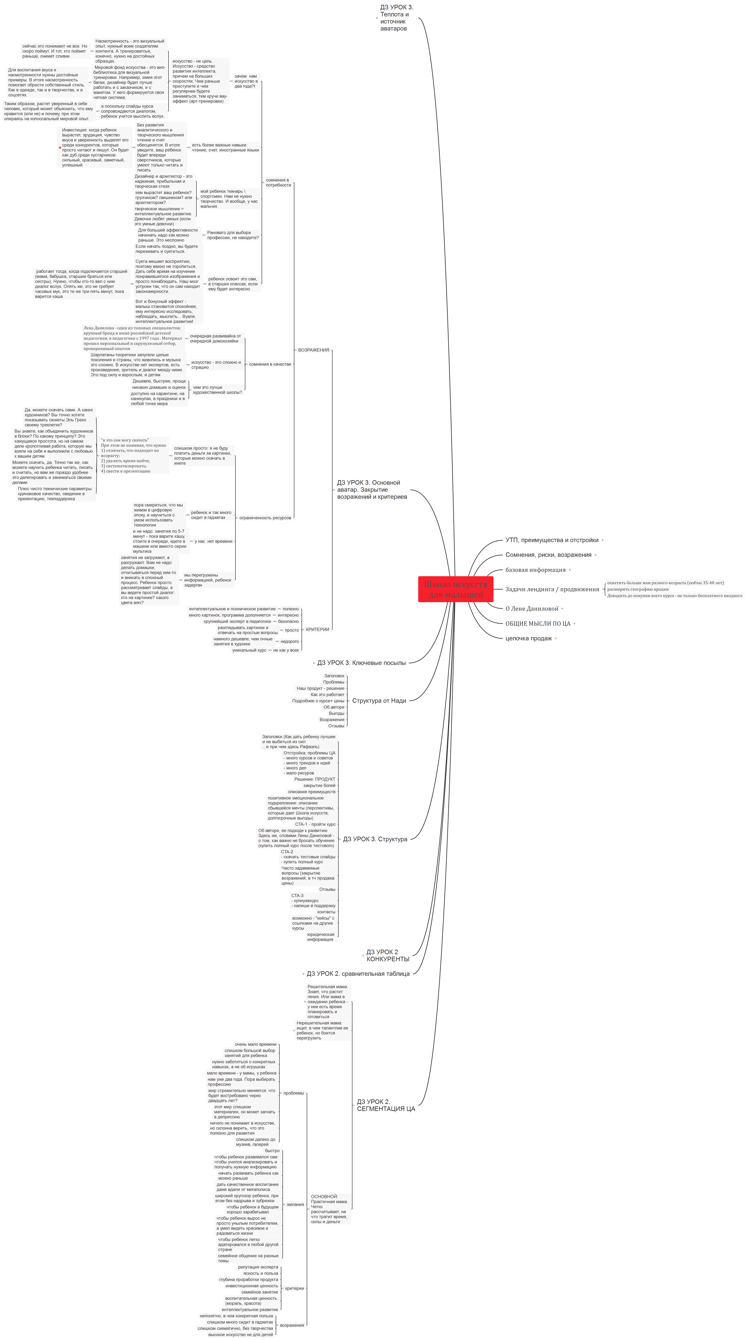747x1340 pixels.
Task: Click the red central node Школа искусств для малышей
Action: click(x=455, y=589)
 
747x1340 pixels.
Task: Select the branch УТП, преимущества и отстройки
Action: click(x=552, y=540)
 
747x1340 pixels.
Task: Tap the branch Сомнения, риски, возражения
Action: click(x=548, y=554)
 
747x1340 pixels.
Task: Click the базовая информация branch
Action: click(x=535, y=570)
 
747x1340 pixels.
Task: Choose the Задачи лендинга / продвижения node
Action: click(x=552, y=589)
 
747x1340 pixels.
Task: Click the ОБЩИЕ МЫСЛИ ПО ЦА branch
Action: click(x=538, y=623)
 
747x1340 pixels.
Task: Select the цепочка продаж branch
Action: click(x=528, y=638)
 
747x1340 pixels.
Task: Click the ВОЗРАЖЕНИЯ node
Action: click(x=313, y=350)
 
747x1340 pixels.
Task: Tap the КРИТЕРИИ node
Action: click(x=317, y=629)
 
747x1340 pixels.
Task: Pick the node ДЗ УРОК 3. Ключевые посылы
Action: click(x=361, y=663)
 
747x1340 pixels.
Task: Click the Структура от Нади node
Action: click(x=379, y=701)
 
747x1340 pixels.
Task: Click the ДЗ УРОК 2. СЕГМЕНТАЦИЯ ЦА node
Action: click(x=386, y=1105)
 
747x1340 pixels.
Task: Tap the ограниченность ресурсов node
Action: click(x=265, y=518)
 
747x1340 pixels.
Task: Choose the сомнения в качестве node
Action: click(x=270, y=364)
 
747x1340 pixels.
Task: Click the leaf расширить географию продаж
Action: click(x=638, y=589)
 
